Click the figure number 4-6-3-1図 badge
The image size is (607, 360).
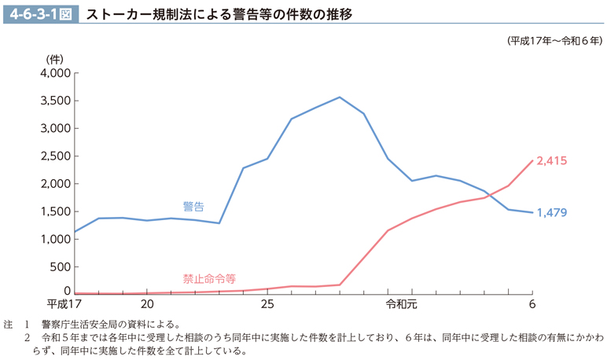(x=40, y=15)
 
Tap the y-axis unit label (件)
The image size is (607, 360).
(x=54, y=59)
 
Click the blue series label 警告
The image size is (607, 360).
(x=193, y=206)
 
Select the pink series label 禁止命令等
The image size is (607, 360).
(x=209, y=278)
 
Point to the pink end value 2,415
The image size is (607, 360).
(x=551, y=160)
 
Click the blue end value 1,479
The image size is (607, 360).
(x=551, y=213)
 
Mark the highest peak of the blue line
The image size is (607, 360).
(x=340, y=97)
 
